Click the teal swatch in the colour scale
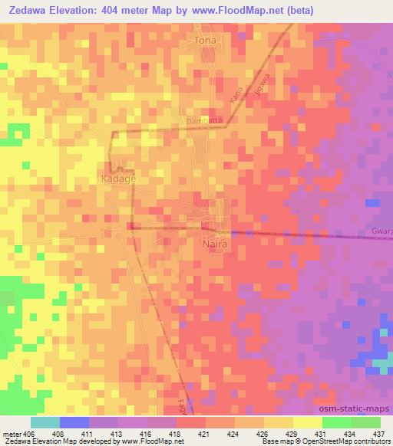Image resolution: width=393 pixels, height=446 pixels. point(45,422)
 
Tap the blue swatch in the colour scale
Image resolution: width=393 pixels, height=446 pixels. point(74,422)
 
